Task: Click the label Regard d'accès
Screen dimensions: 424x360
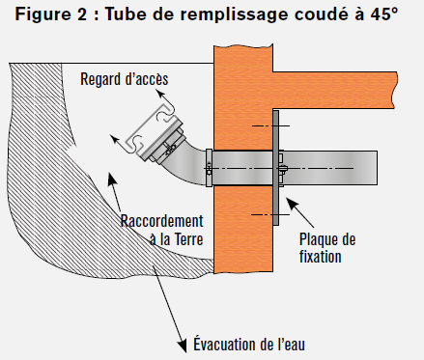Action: click(x=125, y=79)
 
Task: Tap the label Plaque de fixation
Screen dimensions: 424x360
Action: click(x=327, y=248)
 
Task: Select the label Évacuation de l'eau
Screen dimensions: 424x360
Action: click(x=249, y=344)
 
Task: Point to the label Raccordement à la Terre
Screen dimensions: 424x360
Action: click(x=161, y=230)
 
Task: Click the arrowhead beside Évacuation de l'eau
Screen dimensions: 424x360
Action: click(x=183, y=346)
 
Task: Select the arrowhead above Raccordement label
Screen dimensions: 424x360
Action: click(x=111, y=179)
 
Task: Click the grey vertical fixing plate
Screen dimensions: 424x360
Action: click(x=276, y=168)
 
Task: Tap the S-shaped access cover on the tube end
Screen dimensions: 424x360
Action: click(x=150, y=128)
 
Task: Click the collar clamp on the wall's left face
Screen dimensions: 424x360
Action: click(x=209, y=168)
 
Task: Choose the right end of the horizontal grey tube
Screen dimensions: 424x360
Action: click(x=377, y=168)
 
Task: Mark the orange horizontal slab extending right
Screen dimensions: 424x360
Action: click(x=335, y=90)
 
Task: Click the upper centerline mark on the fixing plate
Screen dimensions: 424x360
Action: click(x=270, y=125)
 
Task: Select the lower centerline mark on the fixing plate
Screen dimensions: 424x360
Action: click(x=270, y=214)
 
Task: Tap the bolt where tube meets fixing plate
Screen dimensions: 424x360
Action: click(x=283, y=168)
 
